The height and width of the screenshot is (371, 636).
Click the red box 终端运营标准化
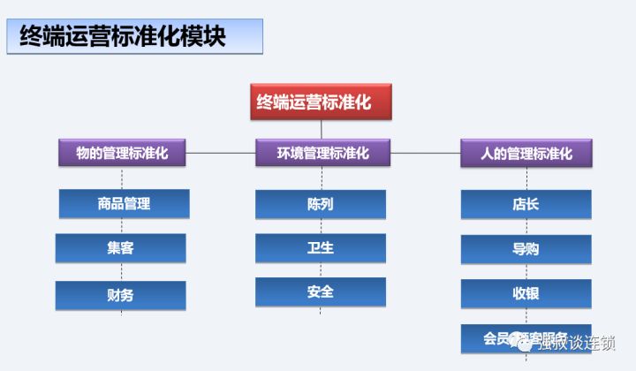point(321,102)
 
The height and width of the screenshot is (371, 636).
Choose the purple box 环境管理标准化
point(322,153)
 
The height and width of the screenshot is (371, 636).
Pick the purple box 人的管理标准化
point(526,153)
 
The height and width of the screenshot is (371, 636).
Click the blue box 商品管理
point(124,204)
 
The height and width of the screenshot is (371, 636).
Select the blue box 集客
point(120,248)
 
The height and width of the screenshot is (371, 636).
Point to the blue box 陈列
point(321,204)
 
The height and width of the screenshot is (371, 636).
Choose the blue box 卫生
point(321,248)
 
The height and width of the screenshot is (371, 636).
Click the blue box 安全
point(321,291)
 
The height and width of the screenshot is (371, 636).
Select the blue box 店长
point(526,204)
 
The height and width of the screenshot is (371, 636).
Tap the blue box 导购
point(526,249)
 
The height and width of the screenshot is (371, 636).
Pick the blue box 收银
point(526,293)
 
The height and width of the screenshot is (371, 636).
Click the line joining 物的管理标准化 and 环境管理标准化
point(222,153)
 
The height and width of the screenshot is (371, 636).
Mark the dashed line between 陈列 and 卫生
point(321,226)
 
